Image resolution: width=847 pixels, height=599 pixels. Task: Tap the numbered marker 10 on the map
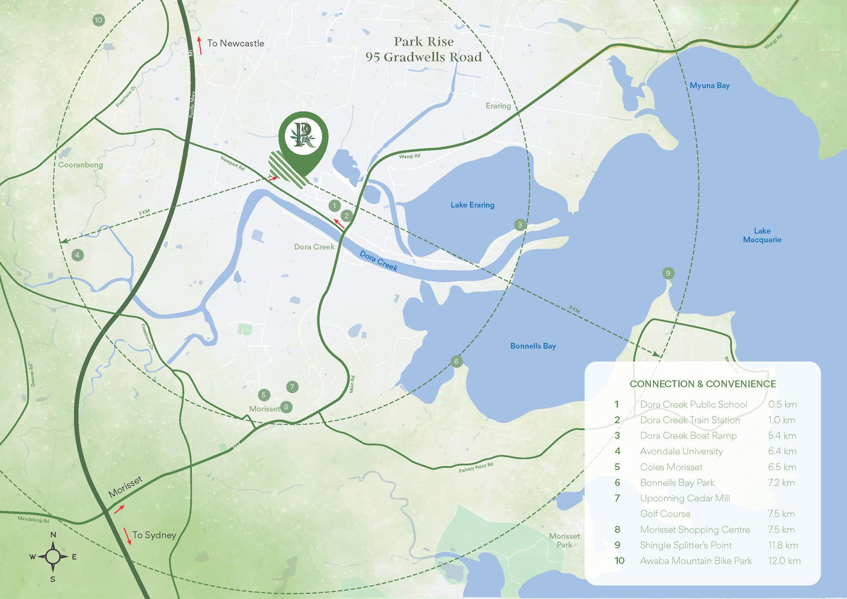pos(98,20)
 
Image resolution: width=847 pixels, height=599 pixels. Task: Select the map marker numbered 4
pos(77,255)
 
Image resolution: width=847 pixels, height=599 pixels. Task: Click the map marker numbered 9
pos(668,273)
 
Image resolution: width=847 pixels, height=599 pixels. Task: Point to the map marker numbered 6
pos(456,362)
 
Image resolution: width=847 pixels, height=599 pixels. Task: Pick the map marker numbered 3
pos(520,225)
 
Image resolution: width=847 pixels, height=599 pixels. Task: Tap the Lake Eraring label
pos(472,205)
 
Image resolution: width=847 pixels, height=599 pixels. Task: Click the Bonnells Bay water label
pos(533,346)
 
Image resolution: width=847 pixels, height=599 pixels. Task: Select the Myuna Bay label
pos(709,86)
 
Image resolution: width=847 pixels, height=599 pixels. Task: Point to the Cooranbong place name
pos(80,165)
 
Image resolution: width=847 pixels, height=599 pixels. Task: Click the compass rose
pos(53,557)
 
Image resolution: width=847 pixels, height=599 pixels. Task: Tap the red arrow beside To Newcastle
pos(200,45)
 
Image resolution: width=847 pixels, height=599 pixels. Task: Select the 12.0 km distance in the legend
pos(784,561)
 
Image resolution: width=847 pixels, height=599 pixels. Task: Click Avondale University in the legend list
pos(681,451)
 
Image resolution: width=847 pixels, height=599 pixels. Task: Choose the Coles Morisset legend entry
pos(671,467)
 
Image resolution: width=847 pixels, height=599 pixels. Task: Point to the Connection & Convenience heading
pos(702,384)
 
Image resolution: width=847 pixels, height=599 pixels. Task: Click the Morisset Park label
pos(564,540)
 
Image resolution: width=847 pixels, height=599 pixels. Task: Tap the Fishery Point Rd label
pos(476,467)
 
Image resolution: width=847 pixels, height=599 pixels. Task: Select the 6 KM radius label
pos(574,310)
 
